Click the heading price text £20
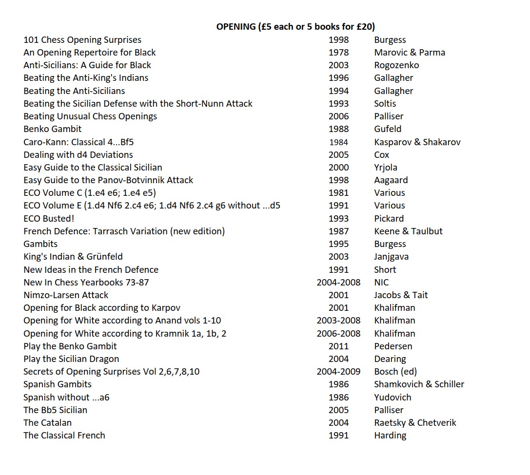tap(363, 27)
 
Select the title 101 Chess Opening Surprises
tap(82, 40)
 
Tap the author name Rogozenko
tap(396, 65)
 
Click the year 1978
tap(338, 53)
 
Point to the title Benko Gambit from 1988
tap(53, 129)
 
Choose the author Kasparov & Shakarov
tap(417, 142)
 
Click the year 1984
tap(338, 142)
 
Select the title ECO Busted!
tap(49, 219)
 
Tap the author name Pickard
tap(389, 219)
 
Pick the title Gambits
tap(40, 244)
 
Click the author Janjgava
tap(391, 257)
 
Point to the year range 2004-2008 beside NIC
tap(338, 283)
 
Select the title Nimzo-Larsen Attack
tap(66, 295)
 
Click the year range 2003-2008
tap(338, 321)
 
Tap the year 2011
tap(338, 346)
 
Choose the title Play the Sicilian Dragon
tap(71, 359)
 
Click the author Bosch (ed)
tap(395, 372)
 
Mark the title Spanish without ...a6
tap(66, 398)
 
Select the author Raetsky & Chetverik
tap(415, 423)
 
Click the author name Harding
tap(390, 436)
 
